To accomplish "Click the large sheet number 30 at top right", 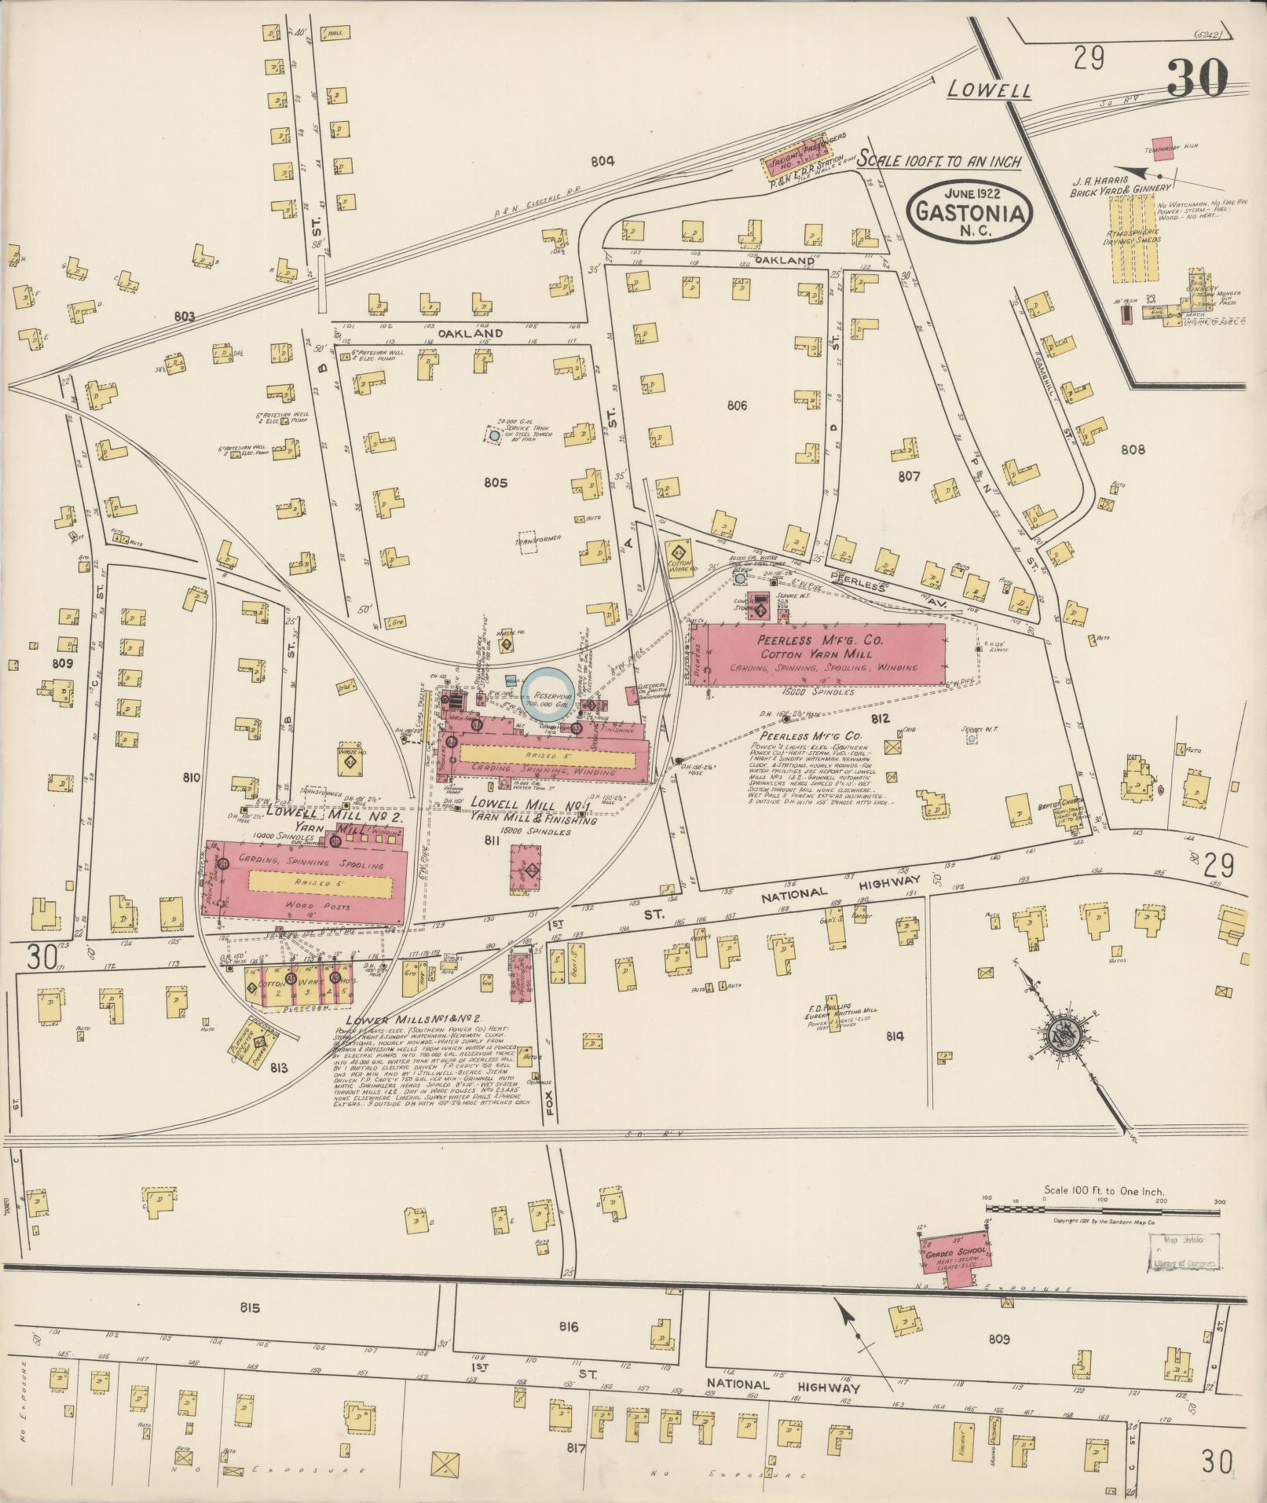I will tap(1196, 79).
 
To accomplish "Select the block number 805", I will tap(496, 482).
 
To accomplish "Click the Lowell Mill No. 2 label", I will tap(334, 817).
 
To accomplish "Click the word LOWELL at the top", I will tap(988, 90).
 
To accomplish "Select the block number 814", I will tap(894, 1036).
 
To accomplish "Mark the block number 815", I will tap(250, 1308).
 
